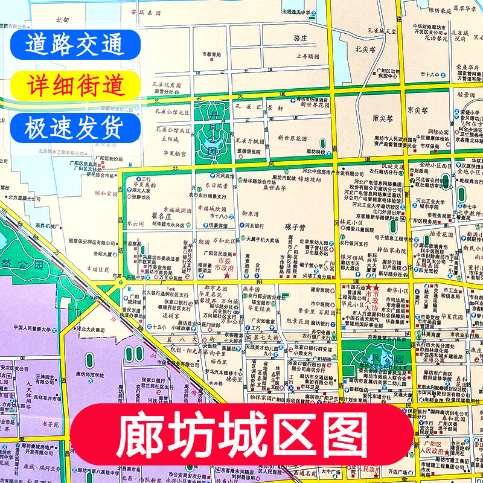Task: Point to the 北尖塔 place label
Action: coord(366,49)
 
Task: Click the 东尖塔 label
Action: coord(417,110)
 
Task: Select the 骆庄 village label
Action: coord(301,37)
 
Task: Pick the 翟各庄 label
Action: coord(144,214)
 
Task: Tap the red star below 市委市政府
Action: coord(227,276)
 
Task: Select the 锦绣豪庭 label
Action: coord(422,10)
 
